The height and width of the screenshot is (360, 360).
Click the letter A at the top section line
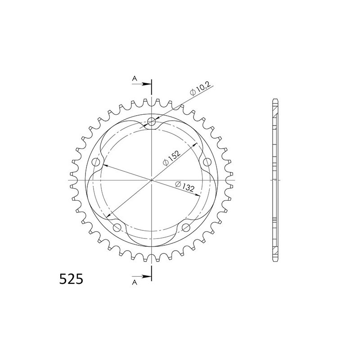pos(134,79)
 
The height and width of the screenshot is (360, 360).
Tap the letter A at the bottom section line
pos(134,282)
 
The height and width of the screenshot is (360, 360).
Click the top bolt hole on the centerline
pos(152,121)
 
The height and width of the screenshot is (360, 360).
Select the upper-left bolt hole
pos(95,162)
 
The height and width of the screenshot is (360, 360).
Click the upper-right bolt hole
pos(207,162)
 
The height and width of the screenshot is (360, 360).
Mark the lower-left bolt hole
pos(117,227)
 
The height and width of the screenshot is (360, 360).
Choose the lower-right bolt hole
pos(186,227)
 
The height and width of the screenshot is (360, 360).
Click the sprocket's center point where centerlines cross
pos(152,180)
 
